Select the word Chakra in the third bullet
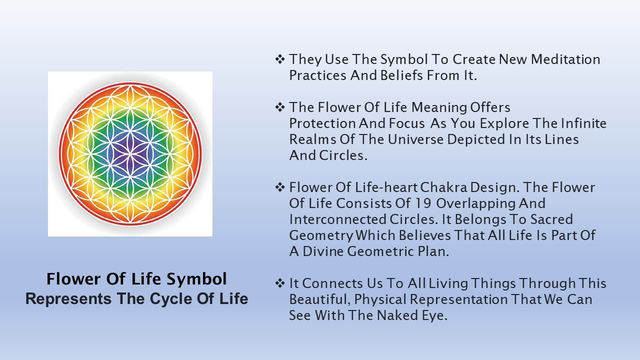coord(443,187)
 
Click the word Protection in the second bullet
coord(322,123)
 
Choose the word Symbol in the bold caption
coord(196,279)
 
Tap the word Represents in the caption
coord(68,299)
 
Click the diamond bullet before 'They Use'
coord(280,59)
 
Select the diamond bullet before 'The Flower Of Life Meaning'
coord(280,107)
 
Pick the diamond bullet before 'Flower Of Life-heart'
coord(280,187)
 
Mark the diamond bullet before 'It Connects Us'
coord(280,283)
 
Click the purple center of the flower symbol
coord(130,153)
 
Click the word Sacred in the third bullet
coord(551,219)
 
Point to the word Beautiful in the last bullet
coord(320,299)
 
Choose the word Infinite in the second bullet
coord(583,123)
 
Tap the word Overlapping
coord(475,204)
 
